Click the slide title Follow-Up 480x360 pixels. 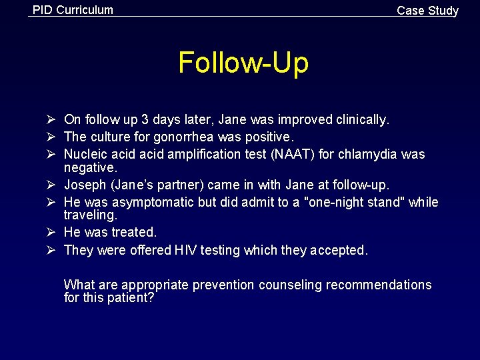(x=243, y=63)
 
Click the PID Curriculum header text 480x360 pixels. (x=73, y=10)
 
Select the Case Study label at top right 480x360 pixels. (x=427, y=11)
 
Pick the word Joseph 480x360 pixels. (x=84, y=185)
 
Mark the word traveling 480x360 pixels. (x=90, y=215)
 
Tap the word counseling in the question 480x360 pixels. (x=289, y=285)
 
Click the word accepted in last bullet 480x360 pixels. (x=338, y=251)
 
